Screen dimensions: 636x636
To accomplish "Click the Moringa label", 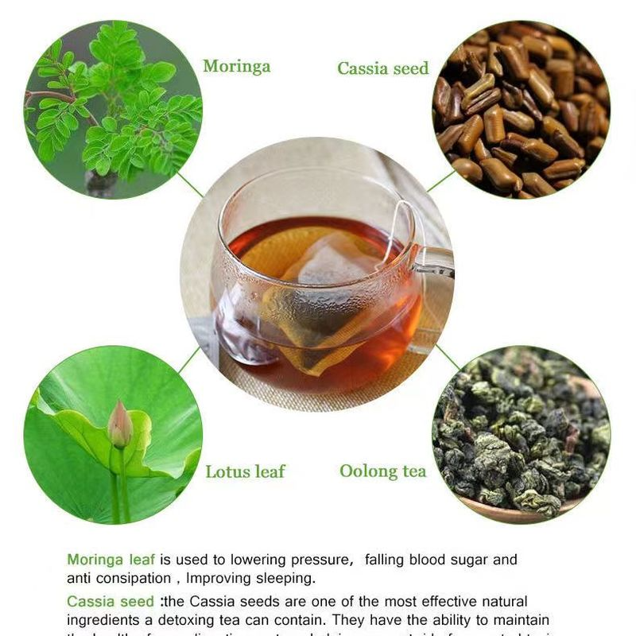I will click(236, 66).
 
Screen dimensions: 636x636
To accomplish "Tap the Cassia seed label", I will click(382, 68).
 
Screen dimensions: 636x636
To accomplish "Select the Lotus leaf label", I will click(245, 471).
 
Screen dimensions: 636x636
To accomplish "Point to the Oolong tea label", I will click(382, 471).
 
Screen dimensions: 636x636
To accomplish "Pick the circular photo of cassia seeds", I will click(521, 110).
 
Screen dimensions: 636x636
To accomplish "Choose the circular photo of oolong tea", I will click(521, 434).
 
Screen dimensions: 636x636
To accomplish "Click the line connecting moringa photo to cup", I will click(190, 184).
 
